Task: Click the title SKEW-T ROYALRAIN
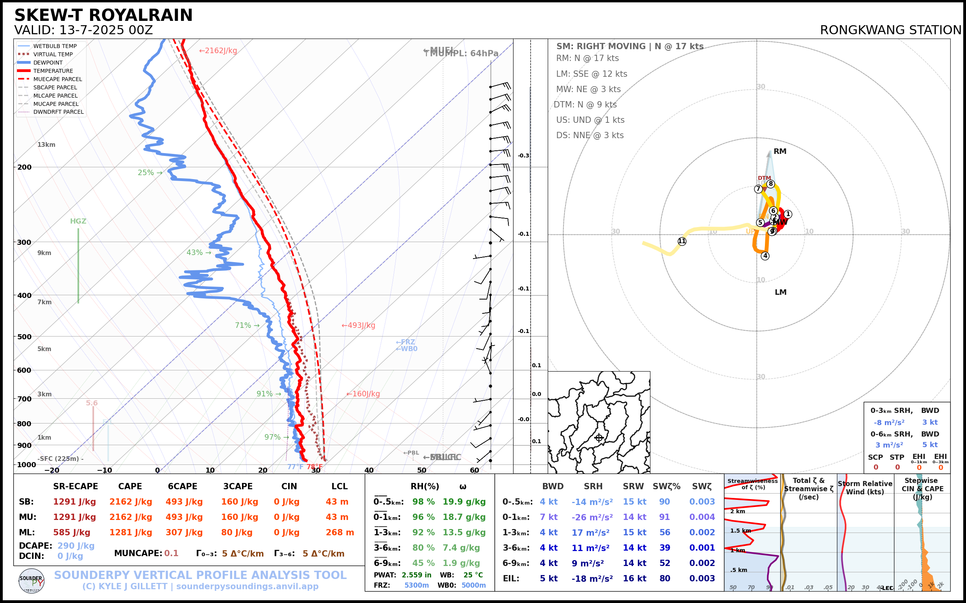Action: (103, 15)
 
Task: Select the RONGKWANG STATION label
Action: (890, 30)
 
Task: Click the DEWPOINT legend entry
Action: (48, 63)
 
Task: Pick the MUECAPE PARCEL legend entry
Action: (57, 79)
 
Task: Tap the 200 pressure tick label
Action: (24, 167)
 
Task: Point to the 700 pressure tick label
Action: (24, 399)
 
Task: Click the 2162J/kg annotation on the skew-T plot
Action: (218, 51)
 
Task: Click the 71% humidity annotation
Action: (247, 326)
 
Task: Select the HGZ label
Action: (78, 221)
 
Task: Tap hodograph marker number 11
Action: (682, 241)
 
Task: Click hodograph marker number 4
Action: (765, 256)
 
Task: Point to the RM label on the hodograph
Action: (780, 152)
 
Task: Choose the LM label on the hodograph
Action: (780, 292)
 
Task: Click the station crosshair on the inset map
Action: (599, 438)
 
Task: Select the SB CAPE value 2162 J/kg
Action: (131, 502)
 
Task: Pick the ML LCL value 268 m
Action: (340, 533)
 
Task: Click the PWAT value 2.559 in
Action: (416, 575)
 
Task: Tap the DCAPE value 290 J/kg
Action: (76, 546)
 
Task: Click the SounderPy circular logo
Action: (31, 581)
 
